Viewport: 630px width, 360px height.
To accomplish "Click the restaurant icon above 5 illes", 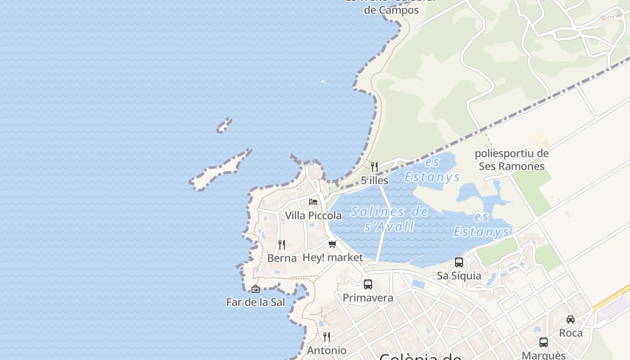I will [374, 166].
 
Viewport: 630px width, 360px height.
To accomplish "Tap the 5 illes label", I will [374, 180].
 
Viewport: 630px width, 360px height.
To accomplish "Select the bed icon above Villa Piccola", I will [313, 202].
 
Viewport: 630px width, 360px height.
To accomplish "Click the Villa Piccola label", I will [313, 216].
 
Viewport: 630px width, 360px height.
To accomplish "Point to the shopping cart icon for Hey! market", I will [332, 244].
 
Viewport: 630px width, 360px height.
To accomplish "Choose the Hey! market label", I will [333, 257].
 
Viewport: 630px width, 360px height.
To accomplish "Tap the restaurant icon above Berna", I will [282, 244].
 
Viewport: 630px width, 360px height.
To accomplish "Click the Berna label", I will [282, 258].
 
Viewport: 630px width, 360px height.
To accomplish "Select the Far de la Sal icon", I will [256, 288].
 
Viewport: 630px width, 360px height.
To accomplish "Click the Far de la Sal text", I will [256, 302].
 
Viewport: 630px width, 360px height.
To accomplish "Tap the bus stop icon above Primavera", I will [368, 284].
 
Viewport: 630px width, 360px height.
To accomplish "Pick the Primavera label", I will [368, 298].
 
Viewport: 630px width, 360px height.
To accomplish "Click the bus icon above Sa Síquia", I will [459, 262].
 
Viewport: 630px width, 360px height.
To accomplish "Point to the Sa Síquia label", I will [459, 275].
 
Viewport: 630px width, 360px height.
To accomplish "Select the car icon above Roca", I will [571, 319].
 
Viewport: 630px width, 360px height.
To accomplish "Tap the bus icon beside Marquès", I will [544, 342].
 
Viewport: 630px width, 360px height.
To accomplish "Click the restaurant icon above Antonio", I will [327, 337].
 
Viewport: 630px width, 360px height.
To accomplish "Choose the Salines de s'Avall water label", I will [389, 218].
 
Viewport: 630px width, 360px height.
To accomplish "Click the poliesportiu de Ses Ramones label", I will [512, 160].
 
